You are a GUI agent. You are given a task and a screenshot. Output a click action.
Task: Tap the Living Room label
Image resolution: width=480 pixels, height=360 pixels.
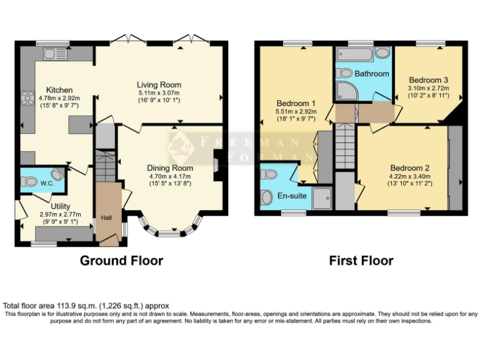(159, 85)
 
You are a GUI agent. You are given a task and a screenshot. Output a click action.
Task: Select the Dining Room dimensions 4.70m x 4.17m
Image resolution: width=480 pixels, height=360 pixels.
(169, 176)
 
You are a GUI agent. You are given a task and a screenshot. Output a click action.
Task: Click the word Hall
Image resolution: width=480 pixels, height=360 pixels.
(106, 219)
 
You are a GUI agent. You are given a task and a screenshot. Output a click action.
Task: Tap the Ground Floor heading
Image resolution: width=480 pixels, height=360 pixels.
(121, 261)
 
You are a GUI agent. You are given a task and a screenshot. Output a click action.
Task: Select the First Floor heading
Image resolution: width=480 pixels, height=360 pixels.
(361, 261)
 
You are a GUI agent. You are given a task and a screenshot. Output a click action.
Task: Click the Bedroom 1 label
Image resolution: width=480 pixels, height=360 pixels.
(296, 103)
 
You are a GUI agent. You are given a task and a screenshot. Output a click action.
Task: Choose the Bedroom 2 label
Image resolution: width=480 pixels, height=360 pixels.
(410, 167)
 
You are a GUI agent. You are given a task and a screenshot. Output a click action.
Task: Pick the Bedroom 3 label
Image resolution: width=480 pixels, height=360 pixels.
(428, 80)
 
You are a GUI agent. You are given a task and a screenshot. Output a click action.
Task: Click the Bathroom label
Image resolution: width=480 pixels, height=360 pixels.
(372, 74)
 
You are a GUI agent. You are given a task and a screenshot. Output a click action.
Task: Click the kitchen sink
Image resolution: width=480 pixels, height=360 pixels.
(54, 54)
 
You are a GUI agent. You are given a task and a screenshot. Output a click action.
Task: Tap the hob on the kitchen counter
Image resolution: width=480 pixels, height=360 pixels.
(27, 99)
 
